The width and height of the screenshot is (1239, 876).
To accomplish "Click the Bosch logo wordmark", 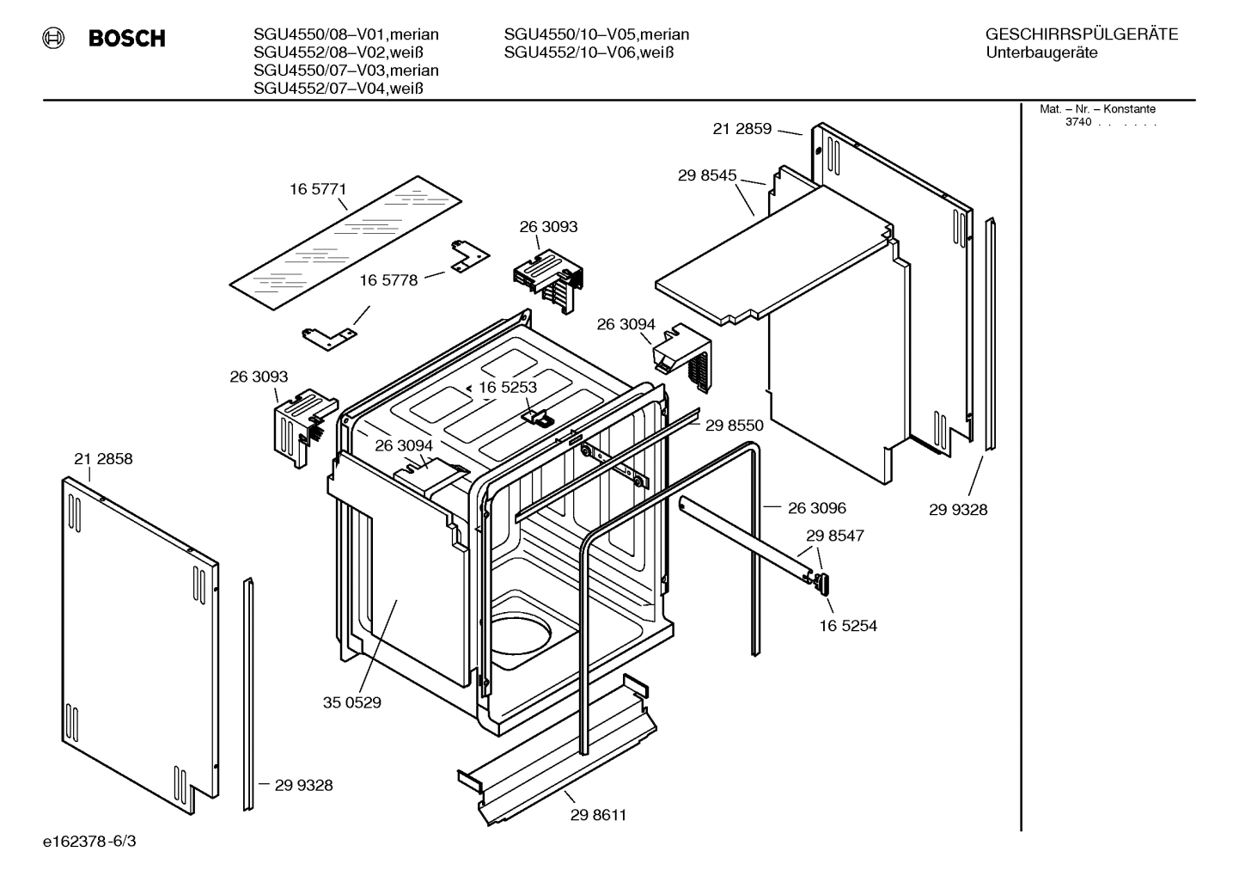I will tap(126, 39).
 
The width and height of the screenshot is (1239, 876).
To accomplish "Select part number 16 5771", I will tap(317, 189).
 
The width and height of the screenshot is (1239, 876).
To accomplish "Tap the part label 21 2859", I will tap(742, 129).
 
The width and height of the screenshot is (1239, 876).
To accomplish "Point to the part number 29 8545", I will tap(706, 175).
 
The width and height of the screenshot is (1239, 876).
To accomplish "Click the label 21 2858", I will tap(103, 459).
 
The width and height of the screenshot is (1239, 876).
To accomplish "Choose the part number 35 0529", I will tap(351, 702).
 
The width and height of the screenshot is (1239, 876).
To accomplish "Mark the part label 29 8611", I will tap(598, 815).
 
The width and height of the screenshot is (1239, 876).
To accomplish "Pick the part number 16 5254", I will tap(848, 626).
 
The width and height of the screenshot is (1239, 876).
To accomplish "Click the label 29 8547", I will tap(834, 536).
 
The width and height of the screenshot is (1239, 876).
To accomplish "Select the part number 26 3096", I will tap(816, 508).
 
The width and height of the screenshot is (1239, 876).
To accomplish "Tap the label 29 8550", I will tap(734, 425).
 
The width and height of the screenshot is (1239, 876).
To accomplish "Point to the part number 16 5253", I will tap(508, 388).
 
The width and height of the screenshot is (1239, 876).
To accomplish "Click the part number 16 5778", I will tap(388, 280).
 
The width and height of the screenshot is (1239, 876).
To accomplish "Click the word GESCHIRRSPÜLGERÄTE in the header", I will tap(1081, 34).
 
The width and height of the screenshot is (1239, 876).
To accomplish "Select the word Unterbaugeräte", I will tap(1041, 53).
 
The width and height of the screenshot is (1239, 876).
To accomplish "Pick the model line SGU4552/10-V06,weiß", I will tap(589, 52).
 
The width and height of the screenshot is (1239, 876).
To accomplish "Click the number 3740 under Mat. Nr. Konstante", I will tap(1077, 122).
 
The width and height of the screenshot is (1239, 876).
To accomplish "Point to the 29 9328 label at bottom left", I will tap(303, 785).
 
